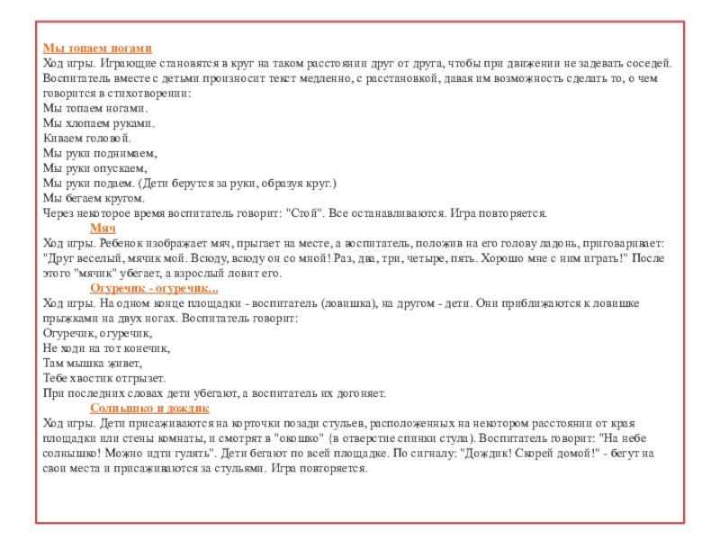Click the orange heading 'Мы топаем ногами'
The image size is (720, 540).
click(x=97, y=48)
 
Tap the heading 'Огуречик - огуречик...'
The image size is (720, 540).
click(x=154, y=289)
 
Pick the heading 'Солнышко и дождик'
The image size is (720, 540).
click(x=149, y=409)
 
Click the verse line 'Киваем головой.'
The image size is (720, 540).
click(x=87, y=139)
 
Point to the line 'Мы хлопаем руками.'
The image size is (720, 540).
click(x=98, y=123)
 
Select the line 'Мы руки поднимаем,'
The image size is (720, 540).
click(x=100, y=154)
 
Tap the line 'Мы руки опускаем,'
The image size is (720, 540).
click(x=94, y=168)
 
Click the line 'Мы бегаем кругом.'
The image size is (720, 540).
click(x=94, y=199)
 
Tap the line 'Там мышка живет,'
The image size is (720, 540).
click(x=93, y=364)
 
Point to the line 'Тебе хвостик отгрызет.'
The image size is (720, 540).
click(x=104, y=379)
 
